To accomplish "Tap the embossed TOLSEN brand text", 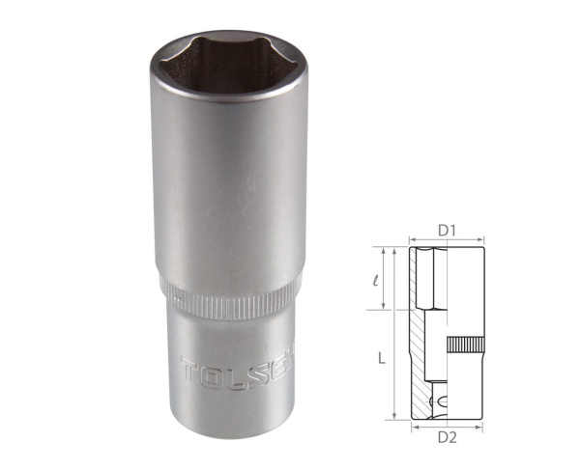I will point(236,368).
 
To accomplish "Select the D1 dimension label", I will point(446,230).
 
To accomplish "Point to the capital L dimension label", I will point(383,358).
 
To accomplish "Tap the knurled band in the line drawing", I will point(465,346).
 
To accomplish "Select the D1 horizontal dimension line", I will point(446,240).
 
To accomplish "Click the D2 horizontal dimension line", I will point(446,426).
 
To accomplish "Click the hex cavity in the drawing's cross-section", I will point(431,280).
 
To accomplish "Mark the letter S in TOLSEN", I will point(252,368).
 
